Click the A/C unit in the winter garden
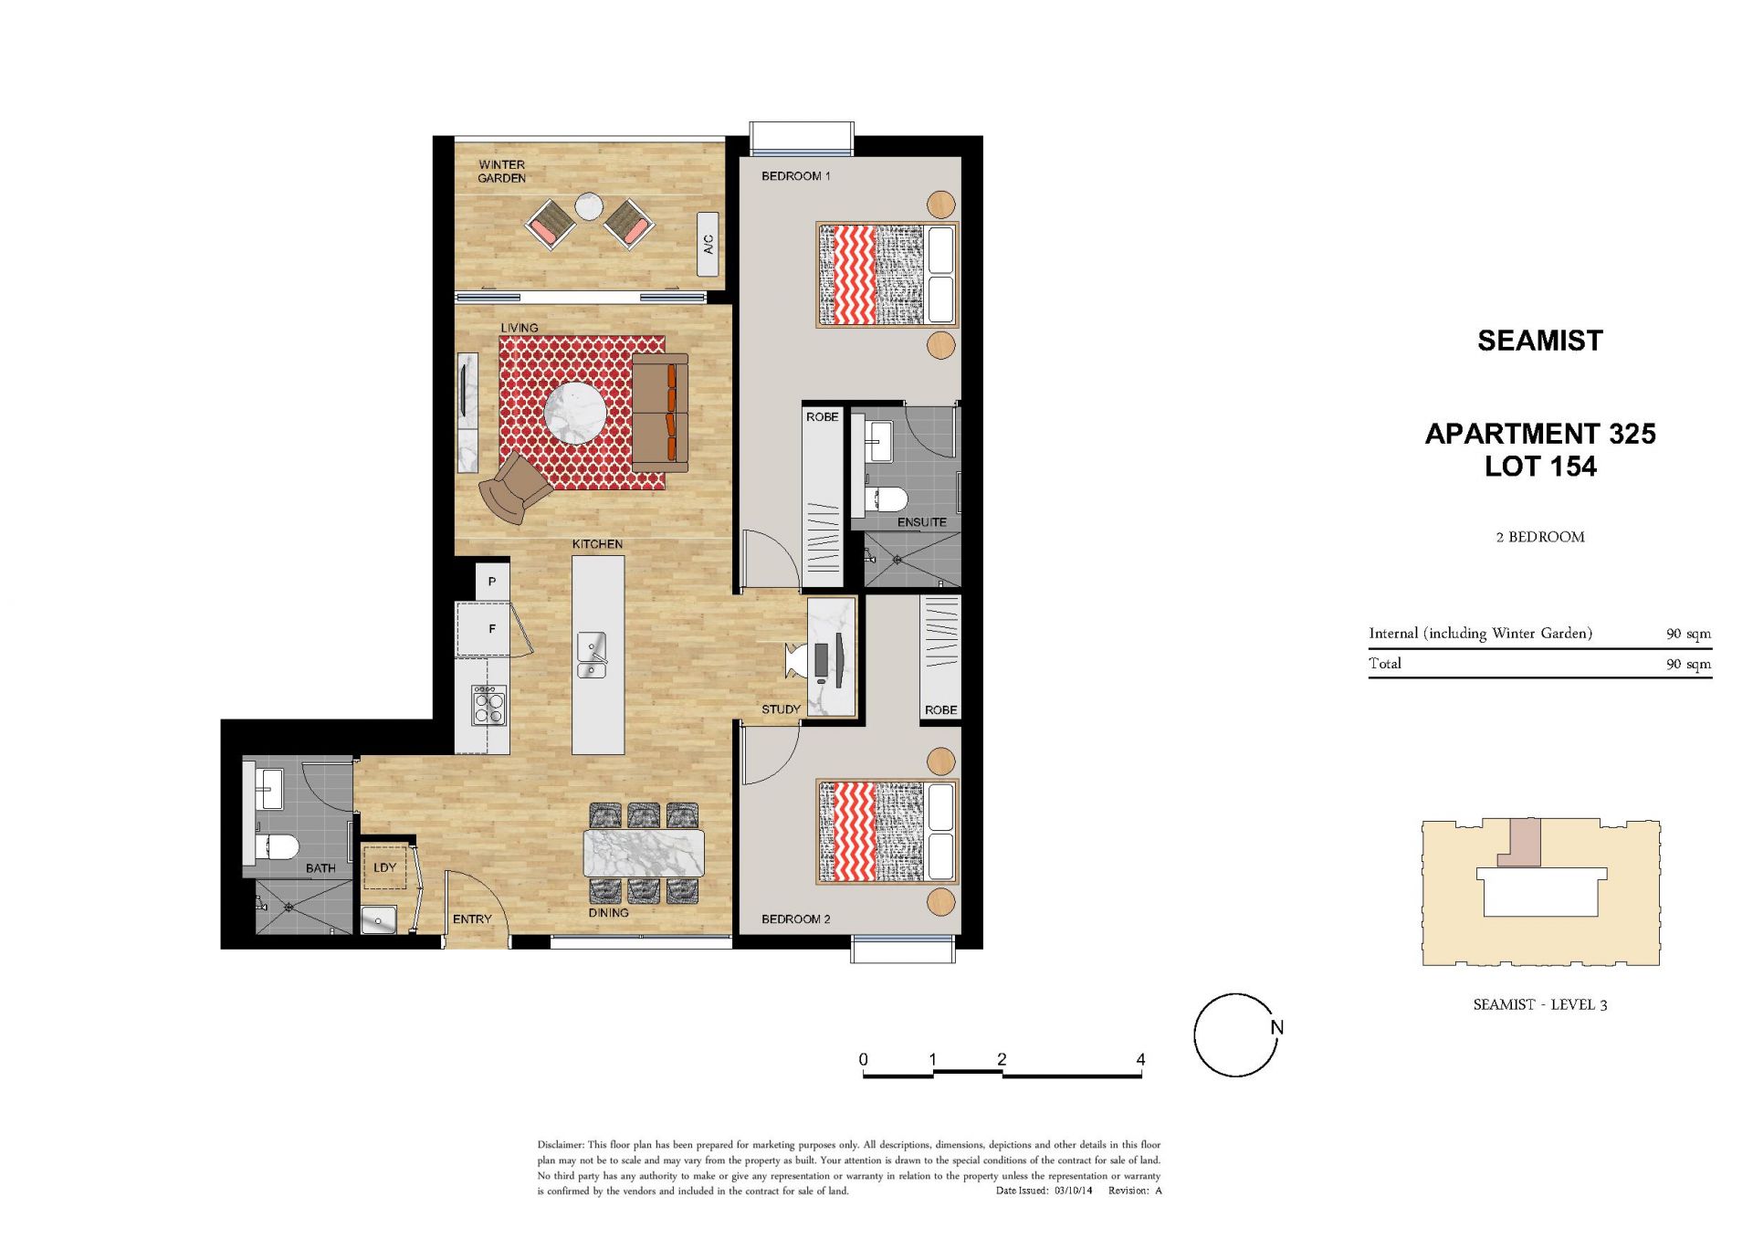point(708,244)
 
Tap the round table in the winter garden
point(589,206)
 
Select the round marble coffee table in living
point(575,414)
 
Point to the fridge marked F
point(492,629)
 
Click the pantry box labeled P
point(492,582)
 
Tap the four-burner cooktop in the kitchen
point(489,705)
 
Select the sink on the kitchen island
point(592,655)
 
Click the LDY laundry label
point(385,867)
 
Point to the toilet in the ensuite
point(887,499)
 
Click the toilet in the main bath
point(278,847)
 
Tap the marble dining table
point(644,853)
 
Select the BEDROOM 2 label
point(796,919)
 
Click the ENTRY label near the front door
point(472,919)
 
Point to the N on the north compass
point(1277,1027)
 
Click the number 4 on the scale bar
point(1140,1059)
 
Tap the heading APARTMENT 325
point(1540,434)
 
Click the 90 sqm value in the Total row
point(1688,664)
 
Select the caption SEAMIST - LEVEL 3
point(1540,1004)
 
